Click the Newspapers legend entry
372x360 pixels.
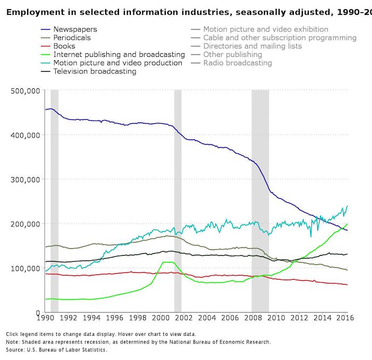(x=75, y=30)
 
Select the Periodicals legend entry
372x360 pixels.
(x=72, y=38)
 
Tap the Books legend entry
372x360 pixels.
(x=64, y=46)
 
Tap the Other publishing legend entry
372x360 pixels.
(x=233, y=54)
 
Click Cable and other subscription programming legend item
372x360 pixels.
(x=280, y=38)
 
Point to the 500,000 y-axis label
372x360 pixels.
(x=26, y=90)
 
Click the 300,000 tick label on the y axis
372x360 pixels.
(x=26, y=179)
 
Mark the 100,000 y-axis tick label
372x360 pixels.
(x=26, y=268)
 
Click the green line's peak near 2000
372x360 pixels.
(x=167, y=262)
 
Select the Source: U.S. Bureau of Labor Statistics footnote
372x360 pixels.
(x=57, y=350)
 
